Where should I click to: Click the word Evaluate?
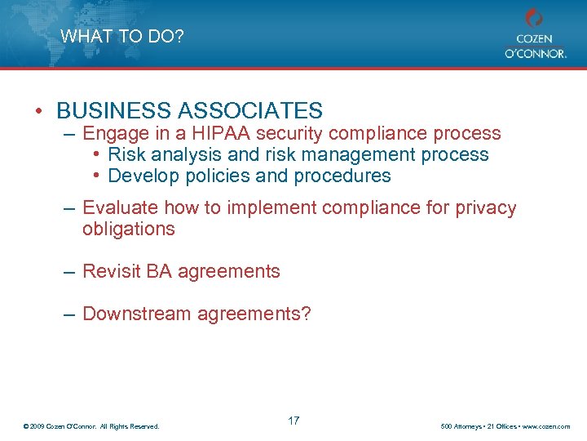[x=119, y=207]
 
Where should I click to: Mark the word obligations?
[x=129, y=229]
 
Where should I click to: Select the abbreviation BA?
[x=160, y=271]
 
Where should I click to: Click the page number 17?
[x=293, y=421]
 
